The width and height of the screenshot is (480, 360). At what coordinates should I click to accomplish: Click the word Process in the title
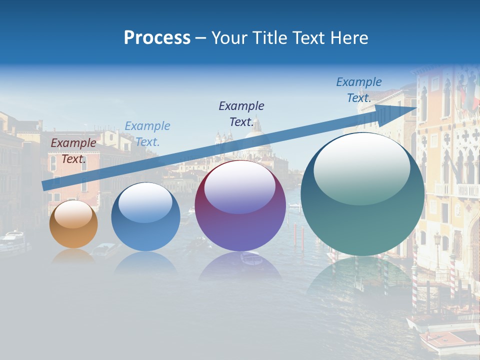[x=157, y=38]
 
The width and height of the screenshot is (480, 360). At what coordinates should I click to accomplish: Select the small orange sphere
[x=73, y=224]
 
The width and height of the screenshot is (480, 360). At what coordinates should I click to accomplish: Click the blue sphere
[x=145, y=217]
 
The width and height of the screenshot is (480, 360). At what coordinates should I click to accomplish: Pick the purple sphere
[x=240, y=206]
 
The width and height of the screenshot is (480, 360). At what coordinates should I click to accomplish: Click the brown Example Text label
[x=73, y=150]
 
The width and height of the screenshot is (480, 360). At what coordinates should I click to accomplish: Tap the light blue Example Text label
[x=147, y=133]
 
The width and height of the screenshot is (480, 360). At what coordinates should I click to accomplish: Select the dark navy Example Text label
[x=241, y=113]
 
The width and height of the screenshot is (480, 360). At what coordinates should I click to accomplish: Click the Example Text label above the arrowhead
[x=359, y=89]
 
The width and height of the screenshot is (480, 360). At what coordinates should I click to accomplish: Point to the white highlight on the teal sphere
[x=361, y=167]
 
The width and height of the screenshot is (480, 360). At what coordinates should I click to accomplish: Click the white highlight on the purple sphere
[x=239, y=186]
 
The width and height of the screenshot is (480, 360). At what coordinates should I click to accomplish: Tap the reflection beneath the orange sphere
[x=73, y=256]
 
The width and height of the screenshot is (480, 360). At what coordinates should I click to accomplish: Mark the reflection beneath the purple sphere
[x=240, y=265]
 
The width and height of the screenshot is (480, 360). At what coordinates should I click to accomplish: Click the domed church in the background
[x=255, y=135]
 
